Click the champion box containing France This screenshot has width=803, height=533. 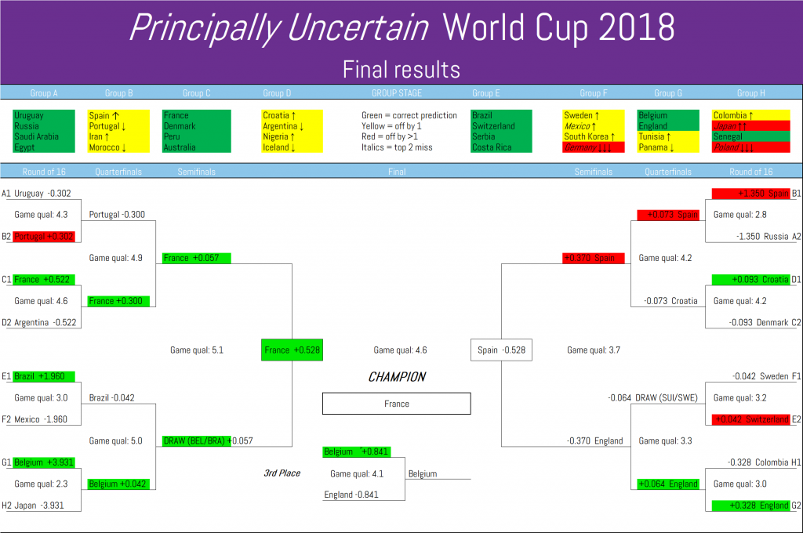tap(396, 404)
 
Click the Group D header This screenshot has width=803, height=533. tap(277, 93)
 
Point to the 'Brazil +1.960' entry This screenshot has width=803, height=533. tap(44, 376)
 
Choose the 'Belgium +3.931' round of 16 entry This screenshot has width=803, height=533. tap(44, 462)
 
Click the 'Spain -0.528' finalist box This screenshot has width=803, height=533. tap(501, 350)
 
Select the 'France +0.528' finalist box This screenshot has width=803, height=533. tap(292, 350)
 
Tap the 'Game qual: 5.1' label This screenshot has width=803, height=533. tap(197, 350)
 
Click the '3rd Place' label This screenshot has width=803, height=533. tap(282, 473)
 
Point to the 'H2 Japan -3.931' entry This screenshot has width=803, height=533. tap(33, 506)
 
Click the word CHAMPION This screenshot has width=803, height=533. tap(397, 377)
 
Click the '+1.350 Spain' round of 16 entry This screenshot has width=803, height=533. tap(751, 194)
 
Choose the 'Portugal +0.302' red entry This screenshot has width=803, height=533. tap(44, 237)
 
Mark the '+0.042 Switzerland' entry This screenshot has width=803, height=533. tap(751, 419)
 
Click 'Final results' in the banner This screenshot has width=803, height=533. tap(401, 70)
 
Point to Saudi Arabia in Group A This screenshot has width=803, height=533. tap(36, 136)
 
